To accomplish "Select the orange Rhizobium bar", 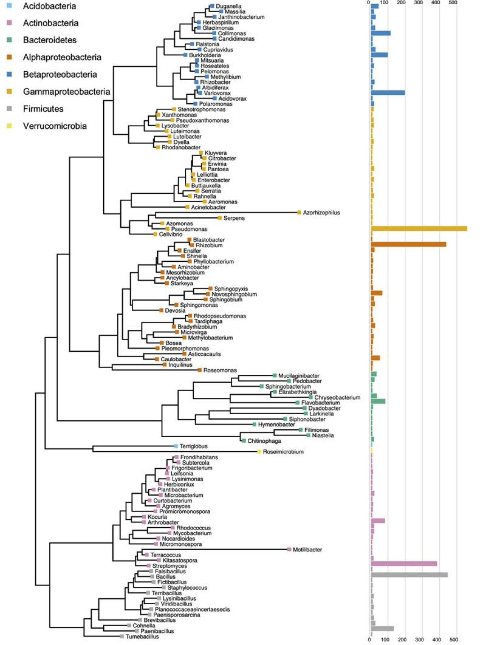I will [408, 244].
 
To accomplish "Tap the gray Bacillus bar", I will [409, 575].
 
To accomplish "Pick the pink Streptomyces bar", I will [404, 564].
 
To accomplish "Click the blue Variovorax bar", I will [388, 93].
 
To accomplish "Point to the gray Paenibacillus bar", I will [382, 629].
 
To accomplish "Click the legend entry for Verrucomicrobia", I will [55, 126].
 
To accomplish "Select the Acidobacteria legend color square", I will [9, 6].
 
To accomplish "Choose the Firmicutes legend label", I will [43, 109].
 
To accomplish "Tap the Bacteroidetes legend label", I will [50, 40].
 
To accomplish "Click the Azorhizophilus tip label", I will [321, 213].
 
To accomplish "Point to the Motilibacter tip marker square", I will [289, 549].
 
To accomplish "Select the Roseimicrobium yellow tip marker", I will [259, 452].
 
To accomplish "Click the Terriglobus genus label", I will [193, 446].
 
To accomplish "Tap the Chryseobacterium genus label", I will [337, 398].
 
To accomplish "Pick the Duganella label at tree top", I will [229, 6].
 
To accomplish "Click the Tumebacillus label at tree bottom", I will [142, 637].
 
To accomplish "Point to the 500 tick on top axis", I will [453, 3].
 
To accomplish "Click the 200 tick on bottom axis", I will [402, 640].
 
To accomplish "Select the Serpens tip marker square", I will [220, 218].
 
